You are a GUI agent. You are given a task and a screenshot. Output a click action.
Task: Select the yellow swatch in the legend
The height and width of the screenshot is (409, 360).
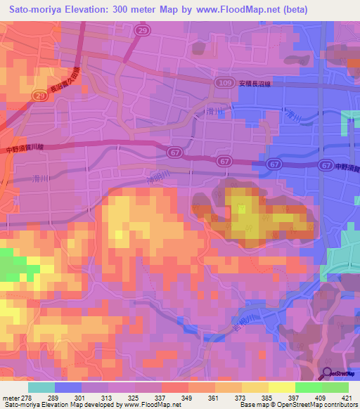282,387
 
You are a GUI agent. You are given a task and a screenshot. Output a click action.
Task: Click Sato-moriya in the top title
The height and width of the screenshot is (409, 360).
37,10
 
